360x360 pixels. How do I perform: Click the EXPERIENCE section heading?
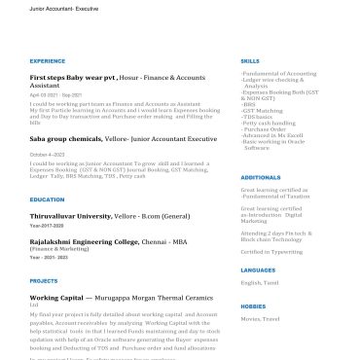tap(48, 60)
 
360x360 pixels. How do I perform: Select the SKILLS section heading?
tap(250, 60)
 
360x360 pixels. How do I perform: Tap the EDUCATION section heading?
tap(47, 199)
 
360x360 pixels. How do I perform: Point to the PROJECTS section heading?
tap(44, 280)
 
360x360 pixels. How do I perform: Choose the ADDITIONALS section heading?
tap(260, 177)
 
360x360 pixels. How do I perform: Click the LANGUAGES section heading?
tap(258, 270)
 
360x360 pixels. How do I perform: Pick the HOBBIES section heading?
tap(252, 306)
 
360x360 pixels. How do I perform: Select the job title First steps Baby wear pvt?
tap(72, 76)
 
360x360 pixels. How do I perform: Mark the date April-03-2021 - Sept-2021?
tap(55, 94)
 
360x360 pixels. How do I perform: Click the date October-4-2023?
tap(48, 154)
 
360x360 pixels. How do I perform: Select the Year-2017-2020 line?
tap(48, 225)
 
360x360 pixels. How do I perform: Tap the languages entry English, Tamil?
tap(259, 282)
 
